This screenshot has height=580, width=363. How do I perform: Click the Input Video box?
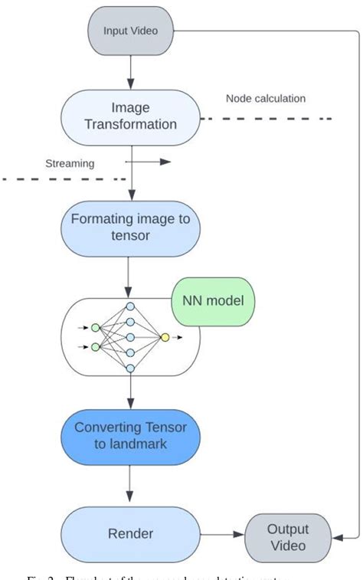pyautogui.click(x=130, y=31)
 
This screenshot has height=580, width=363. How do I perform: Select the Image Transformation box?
pyautogui.click(x=130, y=116)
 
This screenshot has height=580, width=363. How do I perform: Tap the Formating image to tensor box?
pyautogui.click(x=130, y=228)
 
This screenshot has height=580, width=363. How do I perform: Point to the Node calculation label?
pyautogui.click(x=266, y=99)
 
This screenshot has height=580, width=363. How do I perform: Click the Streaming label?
pyautogui.click(x=70, y=162)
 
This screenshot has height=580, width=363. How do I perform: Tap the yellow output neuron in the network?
pyautogui.click(x=165, y=336)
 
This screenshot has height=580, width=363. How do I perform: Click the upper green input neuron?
pyautogui.click(x=95, y=328)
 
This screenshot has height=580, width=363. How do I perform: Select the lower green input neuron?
pyautogui.click(x=95, y=346)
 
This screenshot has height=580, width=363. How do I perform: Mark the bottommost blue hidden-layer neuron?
pyautogui.click(x=130, y=369)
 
